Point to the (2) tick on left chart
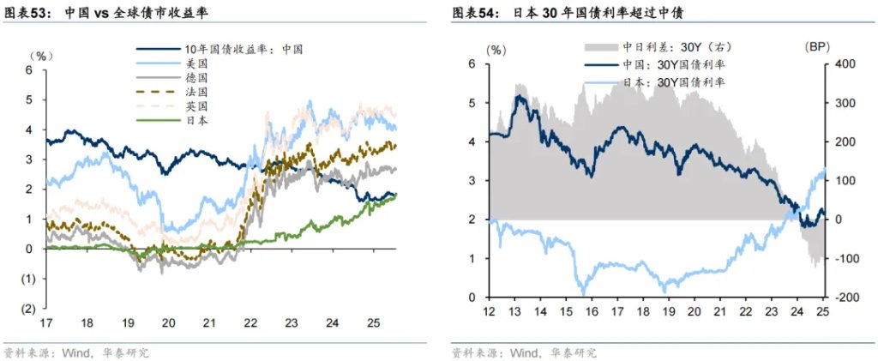pos(27,309)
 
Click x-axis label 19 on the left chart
pos(127,323)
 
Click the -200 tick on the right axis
pos(841,298)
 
